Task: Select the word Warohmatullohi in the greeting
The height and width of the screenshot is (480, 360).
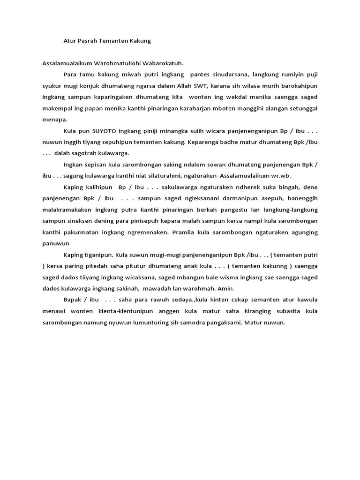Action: pyautogui.click(x=120, y=63)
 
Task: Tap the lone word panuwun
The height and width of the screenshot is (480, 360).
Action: pyautogui.click(x=56, y=243)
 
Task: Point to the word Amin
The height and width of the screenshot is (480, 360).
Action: pyautogui.click(x=225, y=289)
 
